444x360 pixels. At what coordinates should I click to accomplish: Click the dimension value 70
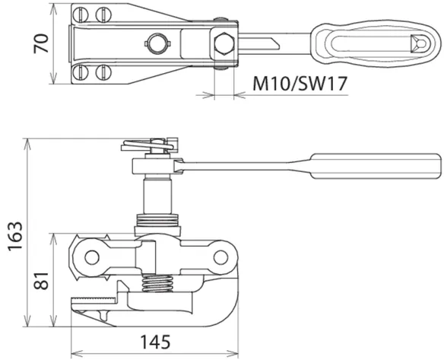41,43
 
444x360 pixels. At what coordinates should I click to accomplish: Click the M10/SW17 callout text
300,84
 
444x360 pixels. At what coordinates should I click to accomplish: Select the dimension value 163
15,236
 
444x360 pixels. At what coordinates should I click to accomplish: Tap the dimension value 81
41,281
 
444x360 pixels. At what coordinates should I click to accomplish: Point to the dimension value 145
156,342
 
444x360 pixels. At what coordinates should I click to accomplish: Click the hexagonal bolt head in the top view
224,43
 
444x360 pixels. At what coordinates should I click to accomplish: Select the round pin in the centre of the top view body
157,43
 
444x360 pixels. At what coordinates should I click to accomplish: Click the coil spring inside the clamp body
157,283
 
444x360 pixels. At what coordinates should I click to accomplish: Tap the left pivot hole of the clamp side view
92,257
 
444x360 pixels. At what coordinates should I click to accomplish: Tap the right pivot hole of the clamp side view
221,258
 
